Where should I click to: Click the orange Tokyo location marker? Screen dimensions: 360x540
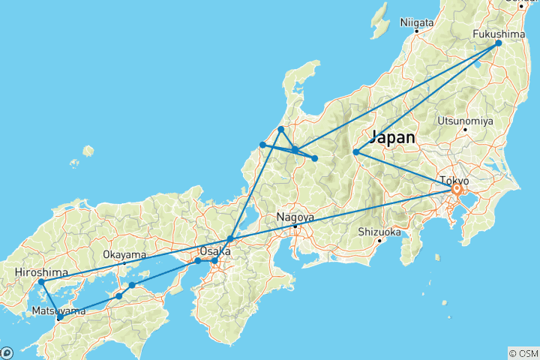pyautogui.click(x=456, y=190)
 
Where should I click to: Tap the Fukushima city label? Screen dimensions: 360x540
pyautogui.click(x=498, y=34)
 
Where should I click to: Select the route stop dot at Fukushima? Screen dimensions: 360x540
pyautogui.click(x=499, y=43)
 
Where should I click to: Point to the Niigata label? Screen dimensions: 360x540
pyautogui.click(x=417, y=22)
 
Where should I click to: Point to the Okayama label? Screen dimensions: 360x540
pyautogui.click(x=124, y=255)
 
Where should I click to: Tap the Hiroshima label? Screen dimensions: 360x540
pyautogui.click(x=42, y=272)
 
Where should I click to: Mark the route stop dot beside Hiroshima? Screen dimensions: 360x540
pyautogui.click(x=42, y=282)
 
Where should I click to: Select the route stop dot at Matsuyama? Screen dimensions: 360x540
pyautogui.click(x=59, y=318)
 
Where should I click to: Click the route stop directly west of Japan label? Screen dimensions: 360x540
pyautogui.click(x=356, y=153)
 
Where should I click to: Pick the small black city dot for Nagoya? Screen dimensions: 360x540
pyautogui.click(x=295, y=226)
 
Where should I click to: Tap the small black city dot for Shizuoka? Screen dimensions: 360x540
pyautogui.click(x=379, y=240)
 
